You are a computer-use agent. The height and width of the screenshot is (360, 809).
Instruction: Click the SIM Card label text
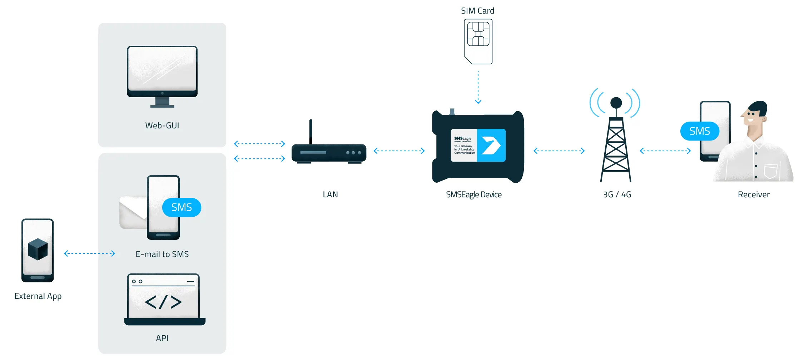(x=477, y=11)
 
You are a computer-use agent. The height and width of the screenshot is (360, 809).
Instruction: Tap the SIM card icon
(x=478, y=41)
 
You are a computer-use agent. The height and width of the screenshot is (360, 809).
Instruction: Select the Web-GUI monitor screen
(x=162, y=69)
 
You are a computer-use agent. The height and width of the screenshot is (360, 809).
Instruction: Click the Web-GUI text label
(x=162, y=125)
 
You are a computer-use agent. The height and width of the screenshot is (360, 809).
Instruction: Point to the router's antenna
(x=311, y=132)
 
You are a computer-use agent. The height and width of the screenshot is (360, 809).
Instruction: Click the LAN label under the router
(x=330, y=194)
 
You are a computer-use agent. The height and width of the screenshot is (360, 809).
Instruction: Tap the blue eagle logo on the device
(x=491, y=145)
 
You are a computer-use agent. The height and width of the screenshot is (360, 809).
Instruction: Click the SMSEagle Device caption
(x=474, y=194)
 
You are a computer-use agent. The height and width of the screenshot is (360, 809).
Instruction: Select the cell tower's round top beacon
(x=616, y=103)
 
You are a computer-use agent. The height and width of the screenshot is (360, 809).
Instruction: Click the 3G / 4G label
(x=617, y=194)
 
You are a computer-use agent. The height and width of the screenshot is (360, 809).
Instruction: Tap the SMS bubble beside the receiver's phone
(x=700, y=131)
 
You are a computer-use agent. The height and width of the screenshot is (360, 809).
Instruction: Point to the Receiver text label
(x=754, y=194)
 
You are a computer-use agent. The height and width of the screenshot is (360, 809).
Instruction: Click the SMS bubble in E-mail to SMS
(x=182, y=207)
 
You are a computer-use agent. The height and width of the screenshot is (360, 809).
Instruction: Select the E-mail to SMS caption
(x=162, y=254)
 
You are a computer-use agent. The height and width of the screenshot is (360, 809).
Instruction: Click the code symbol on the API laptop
(x=163, y=302)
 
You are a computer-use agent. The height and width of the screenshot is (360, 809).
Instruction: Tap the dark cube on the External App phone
(x=38, y=249)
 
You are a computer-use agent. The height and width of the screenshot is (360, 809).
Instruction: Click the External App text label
(x=38, y=296)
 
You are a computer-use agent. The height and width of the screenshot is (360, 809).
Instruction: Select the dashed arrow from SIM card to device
(x=478, y=87)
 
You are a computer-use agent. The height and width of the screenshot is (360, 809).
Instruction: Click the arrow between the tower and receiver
(x=665, y=151)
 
